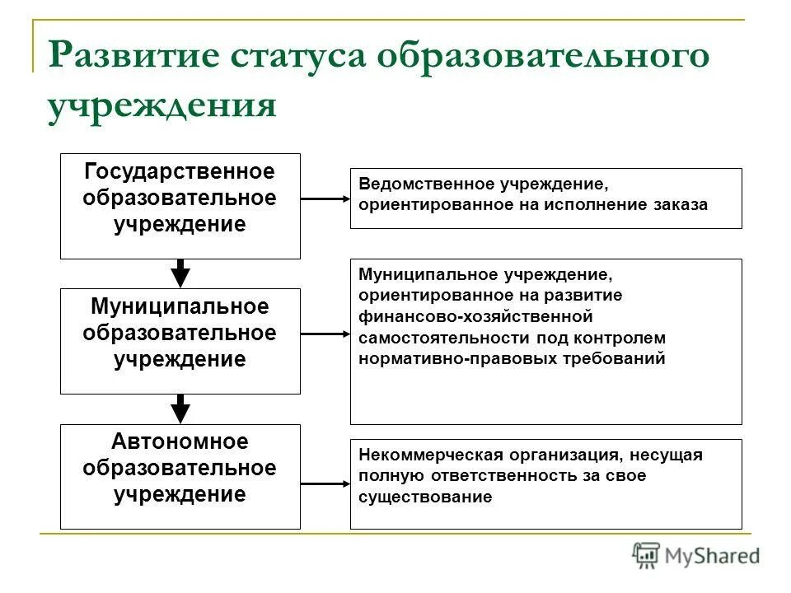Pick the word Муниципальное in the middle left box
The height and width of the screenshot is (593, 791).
(x=180, y=307)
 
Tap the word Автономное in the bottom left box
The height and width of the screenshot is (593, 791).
(x=180, y=442)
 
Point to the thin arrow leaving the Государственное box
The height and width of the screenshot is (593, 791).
(x=325, y=198)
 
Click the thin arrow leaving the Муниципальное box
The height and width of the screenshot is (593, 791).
(x=325, y=334)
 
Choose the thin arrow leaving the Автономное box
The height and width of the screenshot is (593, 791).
(x=325, y=483)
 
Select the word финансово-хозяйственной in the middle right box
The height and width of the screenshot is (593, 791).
(x=475, y=316)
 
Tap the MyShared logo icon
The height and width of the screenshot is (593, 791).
(x=647, y=556)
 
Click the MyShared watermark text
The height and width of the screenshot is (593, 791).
(x=713, y=557)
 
